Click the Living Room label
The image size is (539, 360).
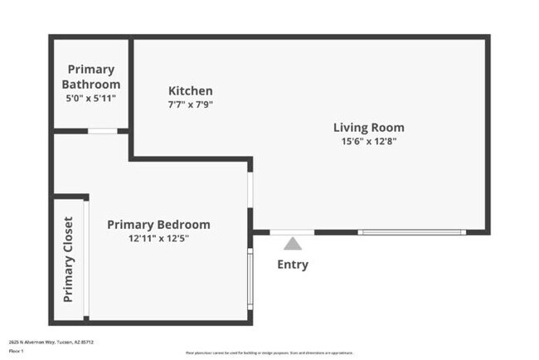point(368,128)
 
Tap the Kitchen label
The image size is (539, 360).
point(191,91)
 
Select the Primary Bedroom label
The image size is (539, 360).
point(158,225)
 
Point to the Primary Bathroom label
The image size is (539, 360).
point(91,77)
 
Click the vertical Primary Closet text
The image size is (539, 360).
point(68,259)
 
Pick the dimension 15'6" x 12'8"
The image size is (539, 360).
point(368,141)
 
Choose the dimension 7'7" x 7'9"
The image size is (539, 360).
point(191,104)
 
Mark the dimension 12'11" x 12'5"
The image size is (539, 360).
point(158,238)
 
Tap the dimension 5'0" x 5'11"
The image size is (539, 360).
point(91,98)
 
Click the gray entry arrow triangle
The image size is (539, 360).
point(292,244)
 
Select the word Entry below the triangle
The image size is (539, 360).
point(292,265)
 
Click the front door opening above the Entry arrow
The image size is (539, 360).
point(292,232)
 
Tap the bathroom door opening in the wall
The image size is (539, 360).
point(102,131)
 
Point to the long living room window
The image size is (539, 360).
point(412,232)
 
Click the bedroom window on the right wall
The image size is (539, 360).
point(250,280)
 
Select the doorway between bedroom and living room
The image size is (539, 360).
point(250,190)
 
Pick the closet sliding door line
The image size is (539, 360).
point(85,259)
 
